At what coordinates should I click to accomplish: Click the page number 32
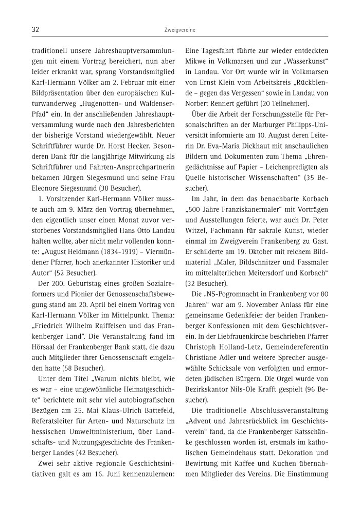click(x=36, y=30)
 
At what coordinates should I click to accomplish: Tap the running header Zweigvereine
click(x=179, y=30)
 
